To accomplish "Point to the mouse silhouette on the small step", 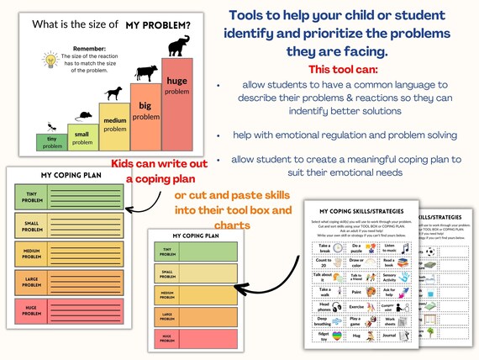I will (x=82, y=114).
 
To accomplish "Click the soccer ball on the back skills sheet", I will (x=429, y=251).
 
